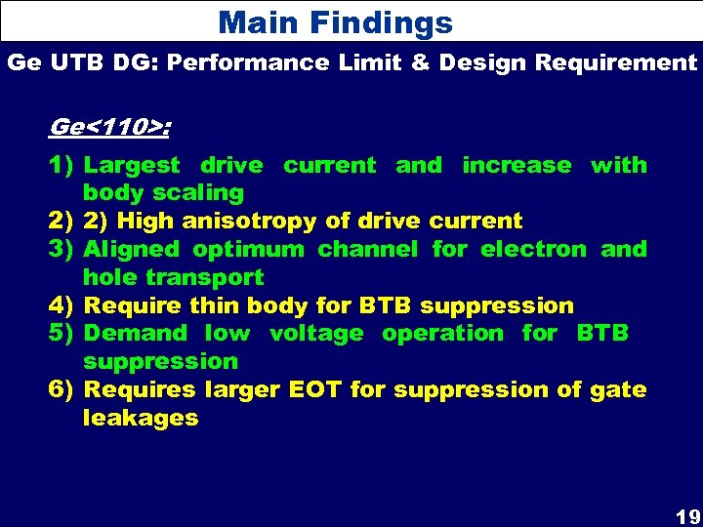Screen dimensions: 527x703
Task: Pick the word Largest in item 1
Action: pyautogui.click(x=132, y=166)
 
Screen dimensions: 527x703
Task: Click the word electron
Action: pyautogui.click(x=532, y=250)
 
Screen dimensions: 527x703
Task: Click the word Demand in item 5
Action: pyautogui.click(x=135, y=334)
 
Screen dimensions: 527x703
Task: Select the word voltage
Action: pyautogui.click(x=316, y=334)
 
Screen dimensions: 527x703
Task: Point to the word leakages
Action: pyautogui.click(x=141, y=419)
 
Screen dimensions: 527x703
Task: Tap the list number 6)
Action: pyautogui.click(x=62, y=390)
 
